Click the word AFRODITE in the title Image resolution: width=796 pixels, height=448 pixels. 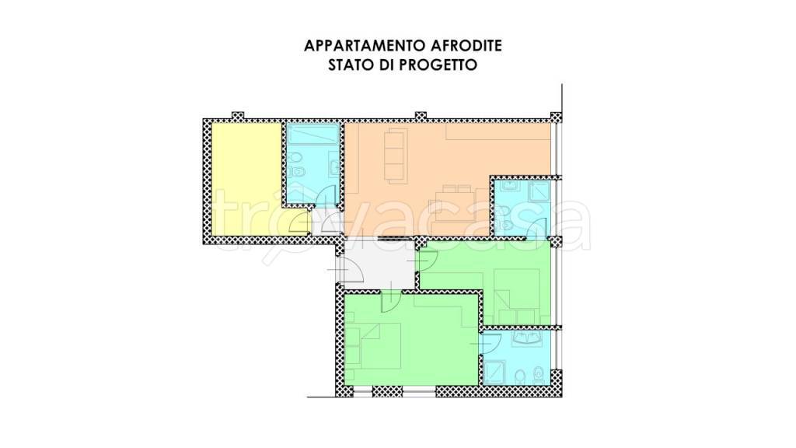pyautogui.click(x=463, y=46)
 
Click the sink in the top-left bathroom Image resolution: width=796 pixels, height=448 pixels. pyautogui.click(x=332, y=166)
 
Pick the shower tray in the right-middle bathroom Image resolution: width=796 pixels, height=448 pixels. pyautogui.click(x=539, y=191)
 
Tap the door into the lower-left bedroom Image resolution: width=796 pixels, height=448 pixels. pyautogui.click(x=393, y=299)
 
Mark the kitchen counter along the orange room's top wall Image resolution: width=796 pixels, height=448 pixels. pyautogui.click(x=497, y=133)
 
